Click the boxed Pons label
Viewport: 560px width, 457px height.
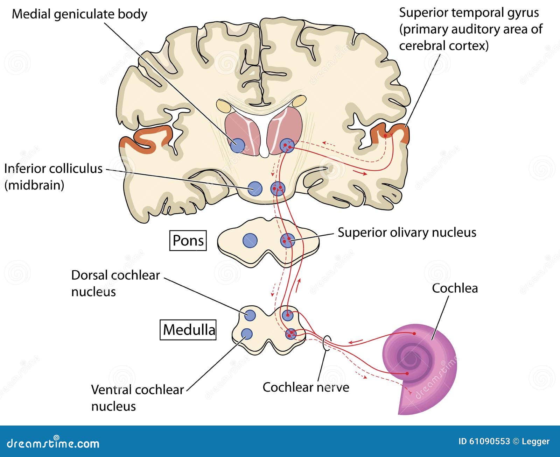(x=188, y=241)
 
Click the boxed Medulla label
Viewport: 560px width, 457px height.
(x=188, y=330)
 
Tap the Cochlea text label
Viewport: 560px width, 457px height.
(x=454, y=288)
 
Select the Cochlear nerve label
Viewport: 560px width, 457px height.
(x=306, y=387)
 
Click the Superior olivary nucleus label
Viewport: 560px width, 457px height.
(x=407, y=233)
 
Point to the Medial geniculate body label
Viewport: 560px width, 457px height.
(x=79, y=14)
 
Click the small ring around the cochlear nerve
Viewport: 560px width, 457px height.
(x=327, y=343)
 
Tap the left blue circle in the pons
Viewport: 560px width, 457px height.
(x=250, y=241)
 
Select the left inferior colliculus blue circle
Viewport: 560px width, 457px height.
(x=255, y=189)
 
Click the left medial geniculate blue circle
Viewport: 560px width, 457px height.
(x=238, y=145)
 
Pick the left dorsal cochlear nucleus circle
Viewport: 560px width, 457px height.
(x=250, y=315)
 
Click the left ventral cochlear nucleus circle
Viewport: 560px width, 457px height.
(x=247, y=334)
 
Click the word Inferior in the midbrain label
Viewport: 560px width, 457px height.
(x=28, y=169)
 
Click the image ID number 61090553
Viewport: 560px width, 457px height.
(x=488, y=442)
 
